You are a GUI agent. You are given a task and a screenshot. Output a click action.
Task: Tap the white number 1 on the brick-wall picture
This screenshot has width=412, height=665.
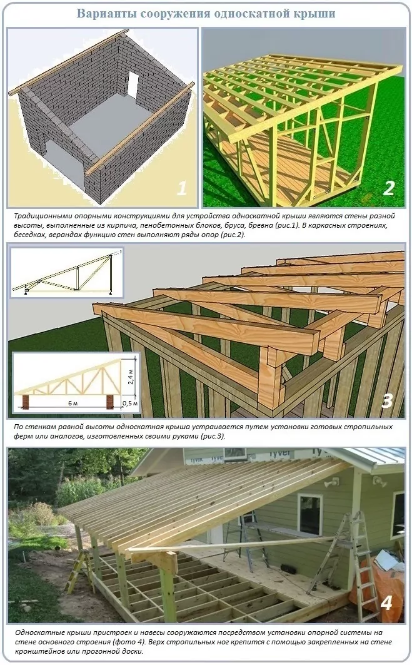click(x=181, y=188)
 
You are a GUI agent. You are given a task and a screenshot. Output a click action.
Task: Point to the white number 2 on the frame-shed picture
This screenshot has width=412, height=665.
click(x=388, y=188)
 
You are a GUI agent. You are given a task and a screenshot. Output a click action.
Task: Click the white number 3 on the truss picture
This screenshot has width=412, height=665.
click(x=386, y=400)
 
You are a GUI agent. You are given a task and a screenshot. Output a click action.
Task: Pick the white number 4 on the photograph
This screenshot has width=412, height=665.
click(x=386, y=602)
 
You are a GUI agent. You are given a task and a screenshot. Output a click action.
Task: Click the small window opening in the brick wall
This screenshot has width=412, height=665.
click(x=133, y=83)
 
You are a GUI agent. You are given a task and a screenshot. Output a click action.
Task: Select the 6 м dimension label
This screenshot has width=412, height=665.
click(x=73, y=404)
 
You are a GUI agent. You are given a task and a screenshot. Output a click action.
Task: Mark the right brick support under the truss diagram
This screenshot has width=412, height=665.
click(x=111, y=400)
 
